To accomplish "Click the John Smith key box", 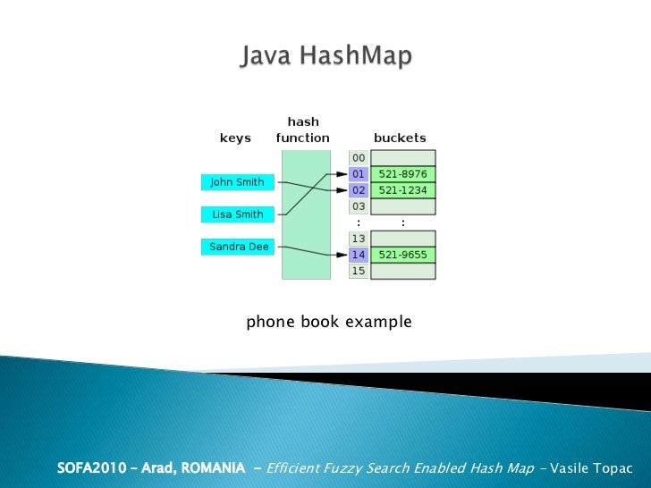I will click(x=237, y=182).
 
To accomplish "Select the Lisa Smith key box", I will click(x=237, y=215).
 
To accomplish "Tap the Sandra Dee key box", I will click(x=239, y=247).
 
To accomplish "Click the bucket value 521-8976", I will click(x=403, y=174).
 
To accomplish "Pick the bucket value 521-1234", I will click(x=403, y=190).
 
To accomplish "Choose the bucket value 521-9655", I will click(x=403, y=255).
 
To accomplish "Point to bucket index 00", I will click(x=358, y=158).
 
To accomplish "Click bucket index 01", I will click(x=358, y=174).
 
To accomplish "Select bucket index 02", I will click(x=358, y=190).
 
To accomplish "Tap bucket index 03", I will click(x=358, y=206).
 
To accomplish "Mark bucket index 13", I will click(x=358, y=239).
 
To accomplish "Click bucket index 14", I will click(x=358, y=255).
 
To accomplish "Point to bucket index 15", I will click(x=358, y=271).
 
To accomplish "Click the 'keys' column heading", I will click(x=235, y=139).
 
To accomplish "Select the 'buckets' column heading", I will click(x=400, y=139).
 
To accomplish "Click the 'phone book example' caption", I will click(x=329, y=322).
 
